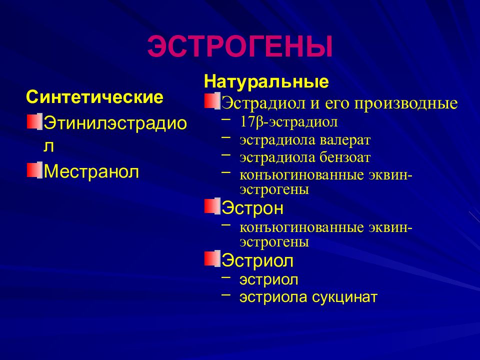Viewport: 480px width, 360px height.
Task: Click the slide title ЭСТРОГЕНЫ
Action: tap(240, 46)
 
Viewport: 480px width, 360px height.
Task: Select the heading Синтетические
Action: tap(94, 97)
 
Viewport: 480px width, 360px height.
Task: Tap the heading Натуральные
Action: tap(266, 81)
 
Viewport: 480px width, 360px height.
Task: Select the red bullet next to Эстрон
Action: tap(211, 206)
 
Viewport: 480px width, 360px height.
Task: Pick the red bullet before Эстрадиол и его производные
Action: tap(211, 101)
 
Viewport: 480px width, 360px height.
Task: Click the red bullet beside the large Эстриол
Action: tap(211, 259)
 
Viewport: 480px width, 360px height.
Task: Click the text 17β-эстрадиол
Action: tap(281, 122)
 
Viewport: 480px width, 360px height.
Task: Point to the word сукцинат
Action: tap(345, 297)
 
